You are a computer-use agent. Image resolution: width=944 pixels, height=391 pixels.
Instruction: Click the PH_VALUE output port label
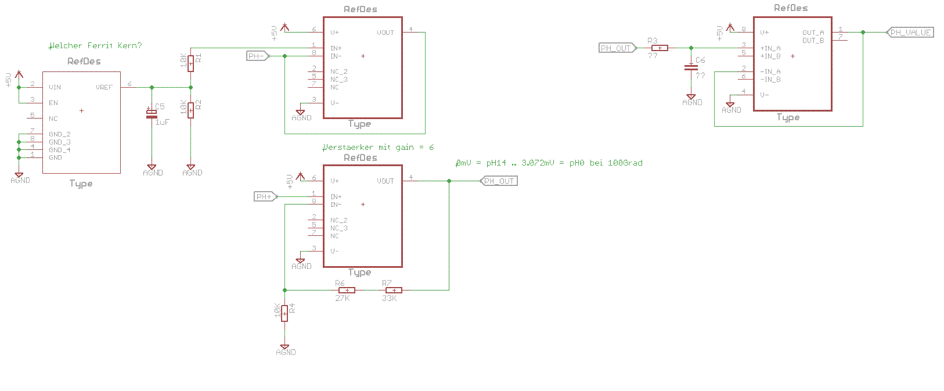point(910,33)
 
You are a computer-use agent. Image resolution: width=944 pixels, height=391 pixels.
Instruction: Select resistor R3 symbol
point(660,48)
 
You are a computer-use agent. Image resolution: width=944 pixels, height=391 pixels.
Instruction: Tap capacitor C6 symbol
point(691,67)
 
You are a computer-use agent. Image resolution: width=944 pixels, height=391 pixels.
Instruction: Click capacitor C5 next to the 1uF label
point(152,114)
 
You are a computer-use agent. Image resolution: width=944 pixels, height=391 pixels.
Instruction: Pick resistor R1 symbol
point(190,63)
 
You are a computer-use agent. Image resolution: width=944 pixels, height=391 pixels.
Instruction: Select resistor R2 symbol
point(190,110)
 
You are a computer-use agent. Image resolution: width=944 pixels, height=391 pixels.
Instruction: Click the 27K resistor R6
point(347,290)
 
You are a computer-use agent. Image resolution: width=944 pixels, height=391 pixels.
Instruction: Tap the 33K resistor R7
point(394,290)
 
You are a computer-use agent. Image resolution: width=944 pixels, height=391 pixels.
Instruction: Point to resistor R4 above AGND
point(284,314)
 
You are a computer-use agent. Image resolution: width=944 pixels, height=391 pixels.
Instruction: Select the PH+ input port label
point(265,196)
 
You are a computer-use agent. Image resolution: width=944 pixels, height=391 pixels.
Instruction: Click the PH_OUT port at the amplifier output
point(499,181)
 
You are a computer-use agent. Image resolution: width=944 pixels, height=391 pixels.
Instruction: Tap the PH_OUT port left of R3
point(617,48)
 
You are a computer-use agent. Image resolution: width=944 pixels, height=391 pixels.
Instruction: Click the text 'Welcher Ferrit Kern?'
point(96,45)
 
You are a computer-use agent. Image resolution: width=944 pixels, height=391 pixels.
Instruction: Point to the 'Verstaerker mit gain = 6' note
point(378,147)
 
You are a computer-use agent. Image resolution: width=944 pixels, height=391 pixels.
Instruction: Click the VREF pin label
point(104,87)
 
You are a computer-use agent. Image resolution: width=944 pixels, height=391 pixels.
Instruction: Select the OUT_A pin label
point(813,33)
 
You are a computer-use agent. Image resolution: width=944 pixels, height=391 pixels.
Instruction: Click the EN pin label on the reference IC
point(53,103)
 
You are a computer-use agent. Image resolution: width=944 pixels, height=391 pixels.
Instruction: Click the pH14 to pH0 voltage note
point(549,163)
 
